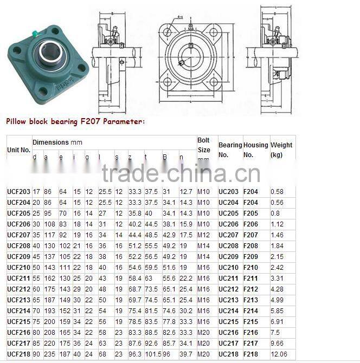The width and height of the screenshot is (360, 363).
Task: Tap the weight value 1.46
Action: pos(277,235)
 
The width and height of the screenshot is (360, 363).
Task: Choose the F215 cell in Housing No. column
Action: pos(250,321)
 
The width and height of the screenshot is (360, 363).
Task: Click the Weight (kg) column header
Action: pos(281,150)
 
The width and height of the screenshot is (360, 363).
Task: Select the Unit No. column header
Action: pos(18,150)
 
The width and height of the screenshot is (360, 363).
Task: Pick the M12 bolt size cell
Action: pos(203,235)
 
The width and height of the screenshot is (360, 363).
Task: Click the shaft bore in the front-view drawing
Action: pos(190,55)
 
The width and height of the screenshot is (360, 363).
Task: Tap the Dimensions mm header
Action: pos(57,142)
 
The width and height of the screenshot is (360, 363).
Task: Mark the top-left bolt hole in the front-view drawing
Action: pos(168,29)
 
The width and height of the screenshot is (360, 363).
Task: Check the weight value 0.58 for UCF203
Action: pos(277,191)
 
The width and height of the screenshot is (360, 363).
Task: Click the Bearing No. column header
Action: pos(230,150)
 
